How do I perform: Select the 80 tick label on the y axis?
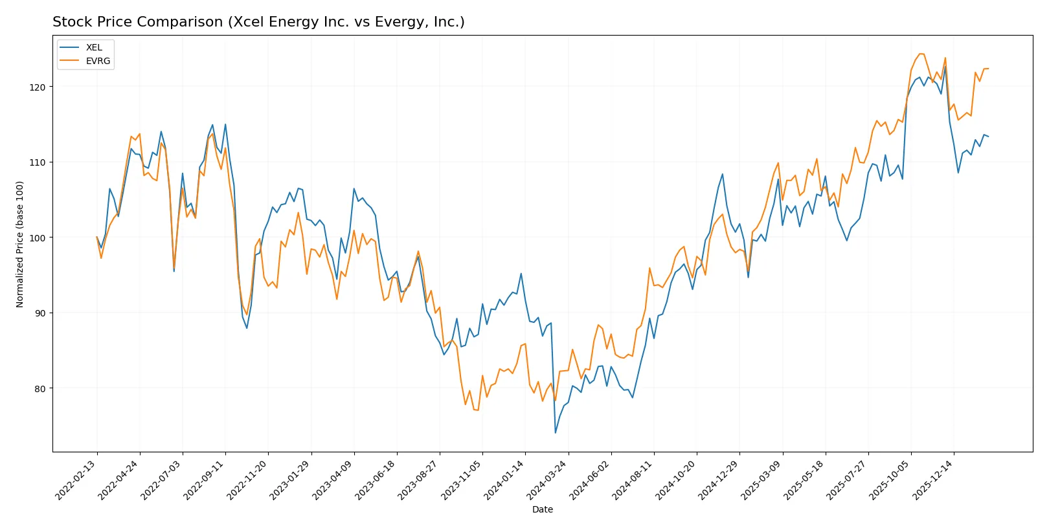click(x=39, y=389)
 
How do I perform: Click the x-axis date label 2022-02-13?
click(x=76, y=480)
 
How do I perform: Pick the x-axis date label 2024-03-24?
click(x=548, y=480)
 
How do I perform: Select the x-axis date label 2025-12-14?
click(x=933, y=480)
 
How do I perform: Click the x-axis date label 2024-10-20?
click(x=676, y=480)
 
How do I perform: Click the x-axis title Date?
click(x=542, y=510)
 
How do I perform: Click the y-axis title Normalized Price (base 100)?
click(x=20, y=244)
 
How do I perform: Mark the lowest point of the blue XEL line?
click(x=555, y=433)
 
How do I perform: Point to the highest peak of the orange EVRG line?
click(x=921, y=54)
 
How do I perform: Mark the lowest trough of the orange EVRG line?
click(x=477, y=410)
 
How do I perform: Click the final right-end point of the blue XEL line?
click(x=988, y=137)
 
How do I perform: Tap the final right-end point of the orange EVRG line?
click(x=988, y=69)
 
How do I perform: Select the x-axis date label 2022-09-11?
click(x=205, y=480)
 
